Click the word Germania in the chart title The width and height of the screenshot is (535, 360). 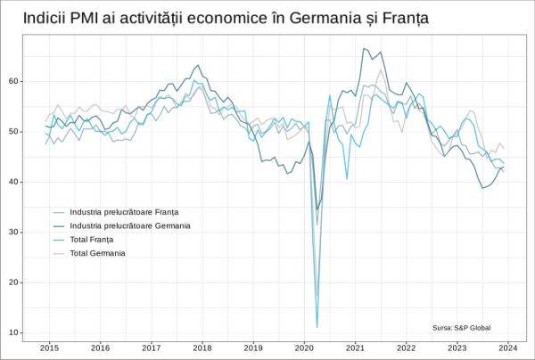click(333, 17)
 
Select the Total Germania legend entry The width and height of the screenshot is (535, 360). click(97, 253)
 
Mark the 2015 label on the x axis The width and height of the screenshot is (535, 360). click(49, 348)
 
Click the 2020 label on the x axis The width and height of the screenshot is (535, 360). click(304, 348)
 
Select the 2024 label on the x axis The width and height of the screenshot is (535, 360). click(508, 348)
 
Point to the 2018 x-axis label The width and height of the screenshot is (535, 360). click(202, 348)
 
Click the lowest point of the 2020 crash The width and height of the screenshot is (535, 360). click(317, 326)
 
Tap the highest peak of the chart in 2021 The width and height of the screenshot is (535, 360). click(364, 49)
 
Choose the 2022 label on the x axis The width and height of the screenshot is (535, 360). click(406, 348)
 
